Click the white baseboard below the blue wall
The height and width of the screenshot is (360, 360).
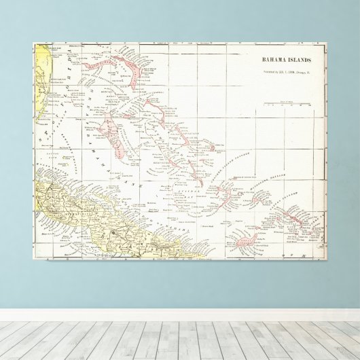tap(180, 314)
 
